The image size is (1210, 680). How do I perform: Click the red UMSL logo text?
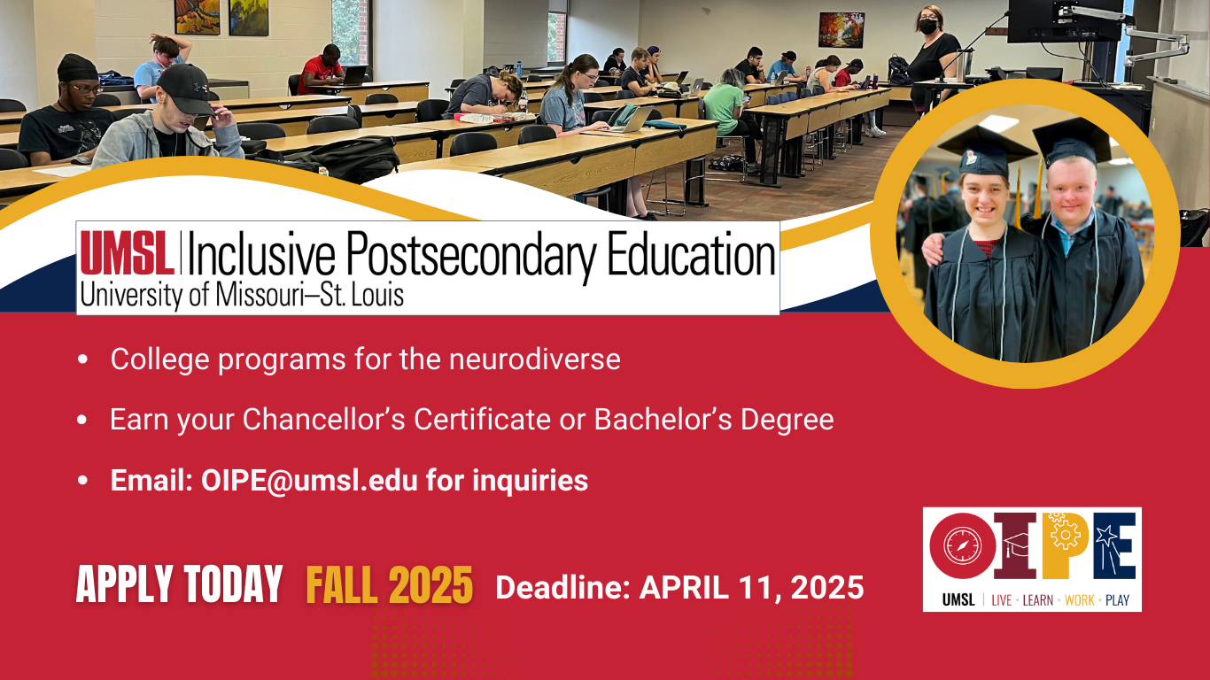point(128,252)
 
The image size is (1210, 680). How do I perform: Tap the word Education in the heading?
point(692,252)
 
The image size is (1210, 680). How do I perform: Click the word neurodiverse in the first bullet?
point(535,359)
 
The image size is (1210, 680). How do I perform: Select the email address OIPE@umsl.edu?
point(309,480)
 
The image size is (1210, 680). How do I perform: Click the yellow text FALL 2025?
point(390,585)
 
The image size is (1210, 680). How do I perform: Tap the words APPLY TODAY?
point(179,584)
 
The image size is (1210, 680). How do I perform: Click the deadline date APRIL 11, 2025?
point(751,587)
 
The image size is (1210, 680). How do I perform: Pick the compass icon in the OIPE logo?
point(962,545)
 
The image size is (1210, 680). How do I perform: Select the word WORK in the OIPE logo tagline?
point(1079,600)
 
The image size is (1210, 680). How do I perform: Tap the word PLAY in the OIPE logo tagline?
point(1117,600)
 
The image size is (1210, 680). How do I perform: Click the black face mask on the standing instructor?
point(928,27)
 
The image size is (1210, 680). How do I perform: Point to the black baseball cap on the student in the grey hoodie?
point(185,88)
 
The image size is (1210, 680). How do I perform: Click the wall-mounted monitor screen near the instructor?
point(1065,20)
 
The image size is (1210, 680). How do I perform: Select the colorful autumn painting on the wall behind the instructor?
point(841,30)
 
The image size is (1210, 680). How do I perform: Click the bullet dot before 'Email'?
point(82,480)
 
